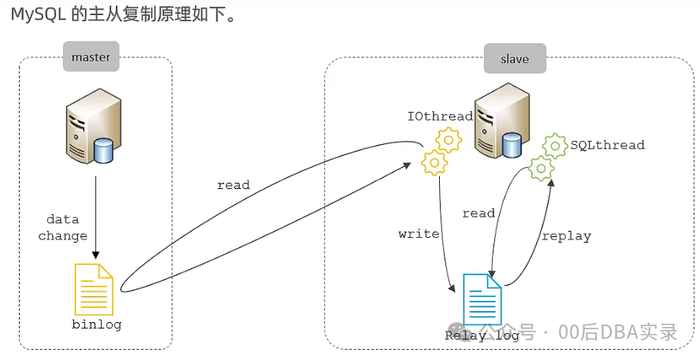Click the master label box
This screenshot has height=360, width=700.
[x=91, y=57]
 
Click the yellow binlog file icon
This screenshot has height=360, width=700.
[x=93, y=289]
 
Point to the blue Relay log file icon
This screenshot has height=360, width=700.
[x=482, y=299]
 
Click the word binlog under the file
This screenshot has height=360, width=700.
[x=96, y=324]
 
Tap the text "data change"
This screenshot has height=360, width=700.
[x=63, y=228]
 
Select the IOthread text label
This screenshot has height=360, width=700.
[x=440, y=117]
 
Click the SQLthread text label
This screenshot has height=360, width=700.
[x=607, y=145]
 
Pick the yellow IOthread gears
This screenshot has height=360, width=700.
[x=441, y=152]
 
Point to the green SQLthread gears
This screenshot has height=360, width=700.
[x=547, y=155]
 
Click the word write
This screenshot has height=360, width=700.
[x=419, y=234]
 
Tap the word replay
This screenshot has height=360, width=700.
[x=565, y=236]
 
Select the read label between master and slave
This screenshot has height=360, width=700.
[x=233, y=185]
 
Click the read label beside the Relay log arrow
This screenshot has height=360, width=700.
[x=478, y=213]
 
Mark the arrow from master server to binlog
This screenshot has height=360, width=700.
[x=95, y=217]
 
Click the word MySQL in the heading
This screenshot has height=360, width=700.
[x=38, y=15]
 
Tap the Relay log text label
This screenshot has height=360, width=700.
[x=481, y=336]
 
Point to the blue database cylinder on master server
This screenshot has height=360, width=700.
[x=102, y=150]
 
